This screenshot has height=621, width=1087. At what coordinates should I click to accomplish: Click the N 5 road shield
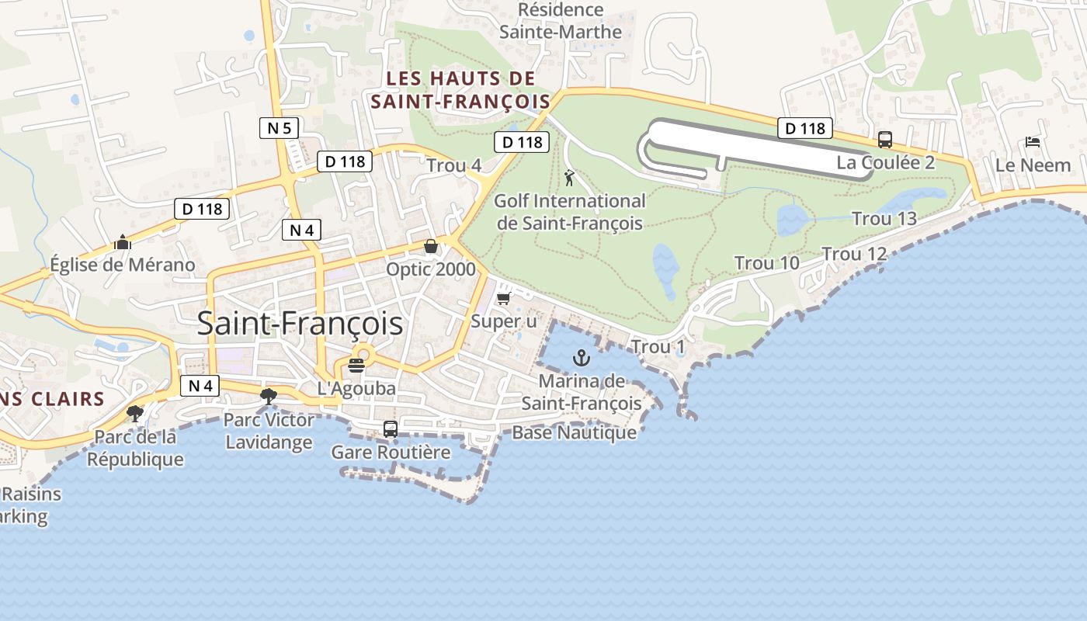[280, 128]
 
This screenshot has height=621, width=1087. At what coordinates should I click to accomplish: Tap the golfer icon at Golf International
[570, 178]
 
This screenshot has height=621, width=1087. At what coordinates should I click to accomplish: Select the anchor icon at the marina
[581, 358]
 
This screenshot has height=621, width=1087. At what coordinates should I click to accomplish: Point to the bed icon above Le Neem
[1033, 142]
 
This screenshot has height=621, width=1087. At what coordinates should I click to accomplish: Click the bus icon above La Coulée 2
[885, 140]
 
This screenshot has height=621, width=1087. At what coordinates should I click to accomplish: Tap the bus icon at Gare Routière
[391, 428]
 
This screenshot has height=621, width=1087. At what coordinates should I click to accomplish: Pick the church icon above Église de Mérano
[122, 242]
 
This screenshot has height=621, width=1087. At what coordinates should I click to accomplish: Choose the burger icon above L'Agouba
[356, 365]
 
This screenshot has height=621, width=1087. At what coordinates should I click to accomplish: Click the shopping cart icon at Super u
[503, 298]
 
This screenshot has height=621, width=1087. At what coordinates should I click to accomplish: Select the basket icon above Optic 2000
[431, 247]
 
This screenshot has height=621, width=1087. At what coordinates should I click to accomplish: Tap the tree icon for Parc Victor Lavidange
[269, 397]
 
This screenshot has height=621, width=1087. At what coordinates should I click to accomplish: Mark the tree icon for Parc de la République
[135, 413]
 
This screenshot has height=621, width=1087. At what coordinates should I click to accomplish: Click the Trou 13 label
[884, 219]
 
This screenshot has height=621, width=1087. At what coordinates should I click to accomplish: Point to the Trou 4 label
[454, 165]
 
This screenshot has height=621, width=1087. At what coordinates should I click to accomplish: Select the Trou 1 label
[658, 347]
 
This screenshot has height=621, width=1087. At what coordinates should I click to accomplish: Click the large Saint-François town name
[300, 324]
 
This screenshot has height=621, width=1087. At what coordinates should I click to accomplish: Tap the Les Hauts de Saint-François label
[460, 90]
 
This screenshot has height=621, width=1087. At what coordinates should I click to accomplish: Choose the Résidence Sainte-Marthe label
[561, 21]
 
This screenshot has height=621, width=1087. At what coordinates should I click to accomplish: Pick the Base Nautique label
[574, 432]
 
